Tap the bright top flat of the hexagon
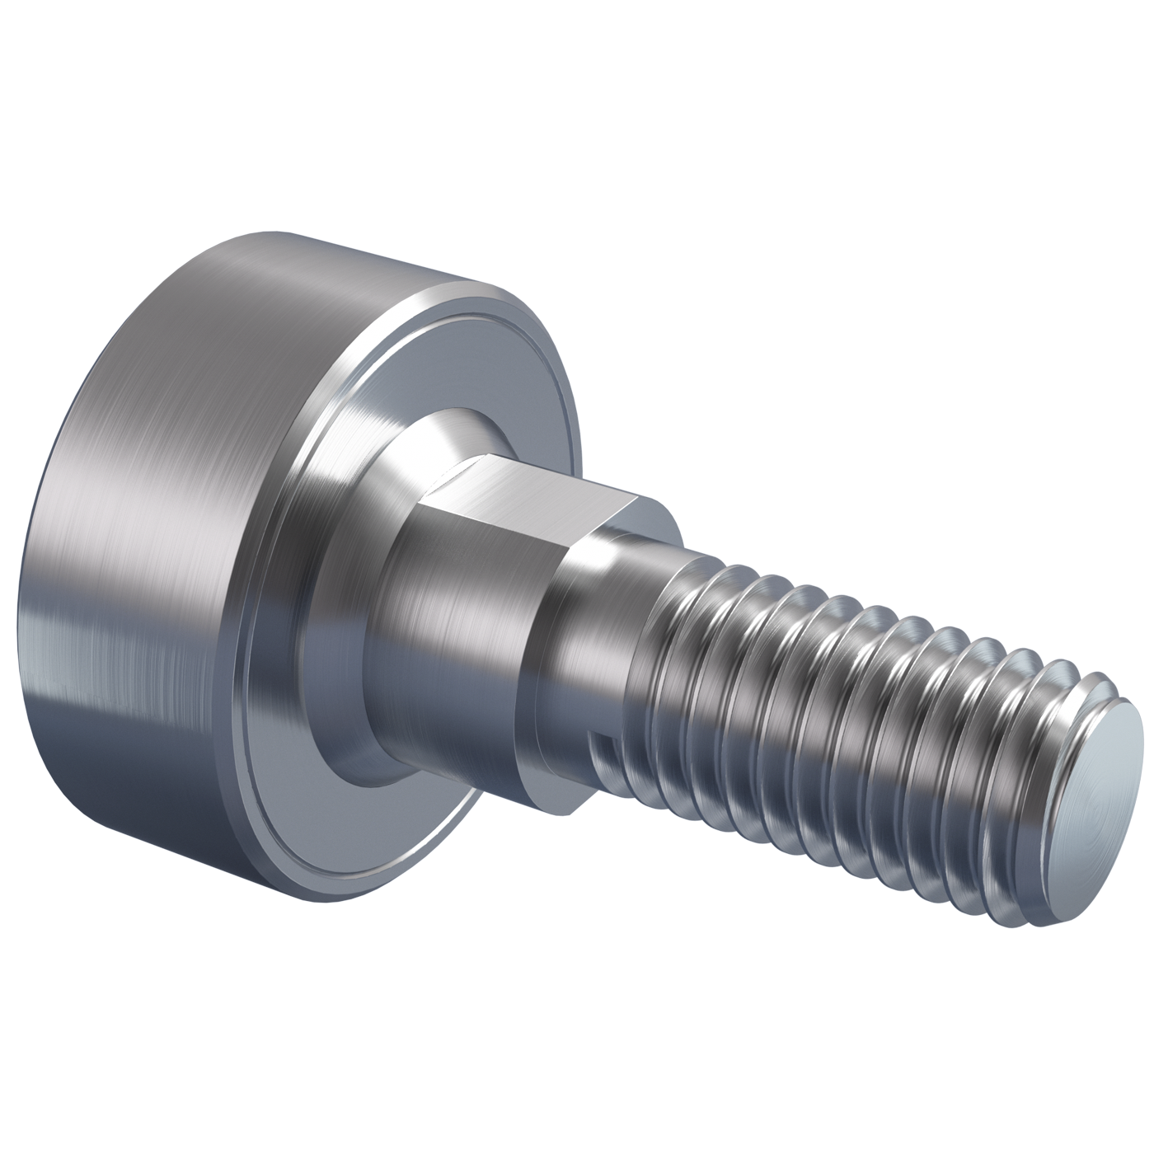(x=528, y=492)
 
